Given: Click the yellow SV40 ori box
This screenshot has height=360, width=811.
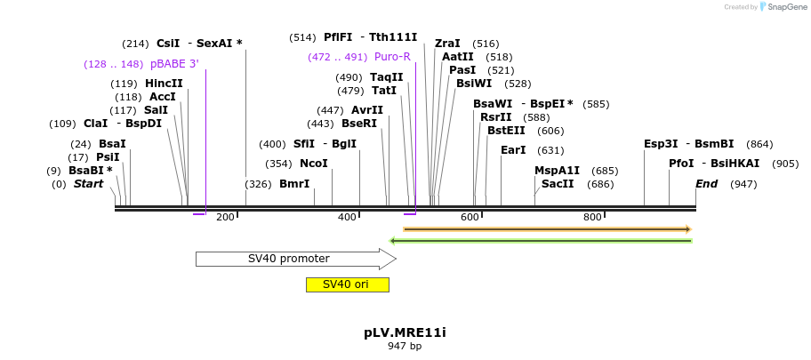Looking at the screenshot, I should pyautogui.click(x=347, y=284).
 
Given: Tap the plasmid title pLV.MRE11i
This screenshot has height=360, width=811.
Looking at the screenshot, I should pyautogui.click(x=405, y=332).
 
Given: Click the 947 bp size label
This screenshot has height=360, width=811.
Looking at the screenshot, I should pyautogui.click(x=405, y=347).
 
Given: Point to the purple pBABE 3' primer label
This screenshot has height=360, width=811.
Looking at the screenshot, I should pyautogui.click(x=174, y=64).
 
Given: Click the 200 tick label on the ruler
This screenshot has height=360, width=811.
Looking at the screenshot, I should pyautogui.click(x=225, y=218).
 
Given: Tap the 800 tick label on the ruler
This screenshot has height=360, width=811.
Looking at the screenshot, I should pyautogui.click(x=592, y=218).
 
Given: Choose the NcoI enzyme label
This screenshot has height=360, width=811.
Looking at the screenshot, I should pyautogui.click(x=314, y=164).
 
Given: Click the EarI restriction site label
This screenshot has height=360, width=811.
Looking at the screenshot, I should pyautogui.click(x=513, y=150).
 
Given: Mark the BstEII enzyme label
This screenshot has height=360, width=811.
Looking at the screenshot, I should pyautogui.click(x=506, y=131).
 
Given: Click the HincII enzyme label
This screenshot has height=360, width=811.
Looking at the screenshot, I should pyautogui.click(x=164, y=84).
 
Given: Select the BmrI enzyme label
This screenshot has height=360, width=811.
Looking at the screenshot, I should pyautogui.click(x=294, y=184).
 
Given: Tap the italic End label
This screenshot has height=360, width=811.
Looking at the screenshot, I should pyautogui.click(x=706, y=184).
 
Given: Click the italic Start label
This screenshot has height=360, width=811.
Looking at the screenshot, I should pyautogui.click(x=88, y=184).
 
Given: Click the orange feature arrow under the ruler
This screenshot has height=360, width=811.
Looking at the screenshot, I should pyautogui.click(x=547, y=229).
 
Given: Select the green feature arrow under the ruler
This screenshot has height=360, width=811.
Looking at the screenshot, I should pyautogui.click(x=542, y=240).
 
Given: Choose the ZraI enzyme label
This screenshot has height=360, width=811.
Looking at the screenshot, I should pyautogui.click(x=447, y=44).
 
